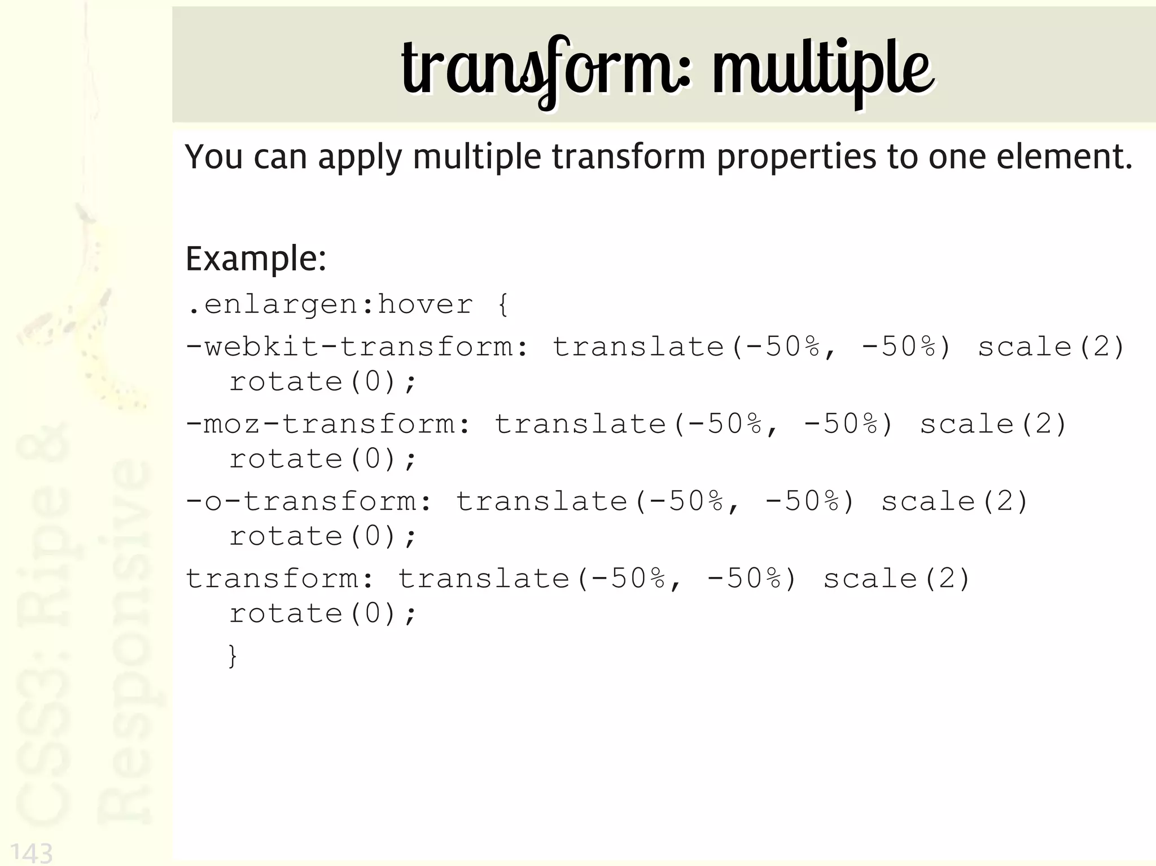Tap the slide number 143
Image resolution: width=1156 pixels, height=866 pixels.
coord(32,852)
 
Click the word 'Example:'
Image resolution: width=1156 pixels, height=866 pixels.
coord(256,259)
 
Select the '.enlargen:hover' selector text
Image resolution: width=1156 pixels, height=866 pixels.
coord(330,305)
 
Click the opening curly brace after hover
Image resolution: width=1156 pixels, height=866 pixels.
coord(503,305)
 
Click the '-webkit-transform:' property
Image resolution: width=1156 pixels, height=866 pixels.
coord(357,347)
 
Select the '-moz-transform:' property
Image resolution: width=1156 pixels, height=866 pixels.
coord(328,424)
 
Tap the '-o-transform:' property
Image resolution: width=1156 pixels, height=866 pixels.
coord(309,501)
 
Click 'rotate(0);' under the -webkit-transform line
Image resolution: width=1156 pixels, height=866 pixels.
coord(322,382)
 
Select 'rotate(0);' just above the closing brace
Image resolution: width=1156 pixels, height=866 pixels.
coord(322,614)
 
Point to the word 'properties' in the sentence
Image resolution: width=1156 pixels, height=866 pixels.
coord(796,157)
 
